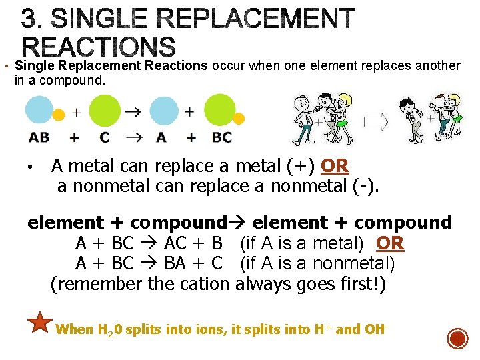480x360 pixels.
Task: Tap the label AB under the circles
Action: coord(39,137)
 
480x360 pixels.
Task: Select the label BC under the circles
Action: coord(222,137)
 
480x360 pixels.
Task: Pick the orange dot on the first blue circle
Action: coord(59,115)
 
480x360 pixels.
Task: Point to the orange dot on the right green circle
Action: coord(239,119)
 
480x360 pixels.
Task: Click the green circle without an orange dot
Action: coord(104,111)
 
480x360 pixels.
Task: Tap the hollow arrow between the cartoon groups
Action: coord(375,121)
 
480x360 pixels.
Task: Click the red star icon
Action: coord(41,323)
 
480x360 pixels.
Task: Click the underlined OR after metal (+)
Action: coord(335,165)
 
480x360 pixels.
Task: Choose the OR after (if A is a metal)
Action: coord(390,243)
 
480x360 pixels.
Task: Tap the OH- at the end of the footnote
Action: coord(376,329)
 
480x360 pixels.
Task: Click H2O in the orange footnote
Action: coord(111,329)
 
